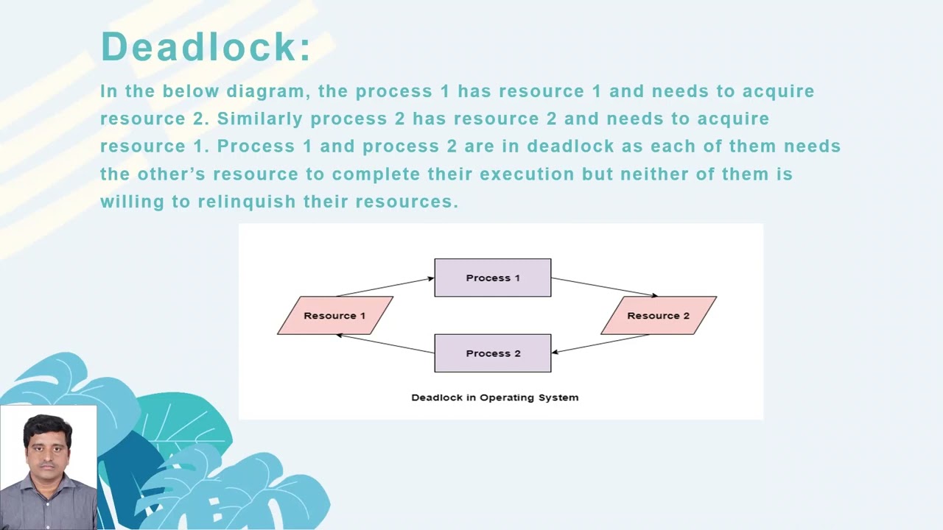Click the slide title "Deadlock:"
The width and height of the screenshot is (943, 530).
click(206, 47)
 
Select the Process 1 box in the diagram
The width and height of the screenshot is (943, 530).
click(492, 278)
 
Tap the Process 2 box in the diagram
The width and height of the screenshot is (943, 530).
click(492, 353)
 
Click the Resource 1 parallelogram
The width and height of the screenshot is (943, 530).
click(334, 316)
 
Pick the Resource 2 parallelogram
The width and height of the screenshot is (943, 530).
click(658, 316)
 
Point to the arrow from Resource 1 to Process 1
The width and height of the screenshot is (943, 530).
click(385, 286)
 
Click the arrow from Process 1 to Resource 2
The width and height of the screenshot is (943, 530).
click(604, 287)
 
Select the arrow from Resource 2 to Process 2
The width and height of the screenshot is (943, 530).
click(600, 344)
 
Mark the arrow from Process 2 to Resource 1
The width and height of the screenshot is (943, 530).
click(385, 344)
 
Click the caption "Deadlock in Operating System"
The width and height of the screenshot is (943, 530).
click(494, 397)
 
